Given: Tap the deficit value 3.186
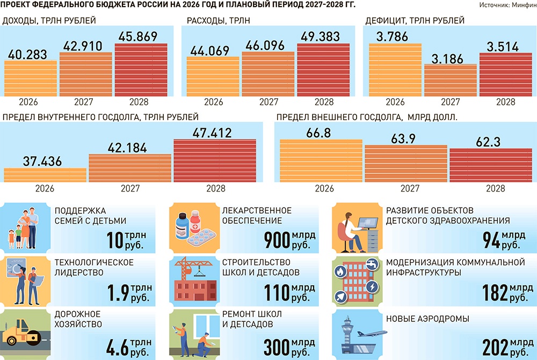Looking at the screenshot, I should tap(450, 58).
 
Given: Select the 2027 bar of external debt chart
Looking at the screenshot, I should tap(406, 164).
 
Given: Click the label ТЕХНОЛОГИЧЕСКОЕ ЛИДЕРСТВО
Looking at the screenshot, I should tap(95, 267).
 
